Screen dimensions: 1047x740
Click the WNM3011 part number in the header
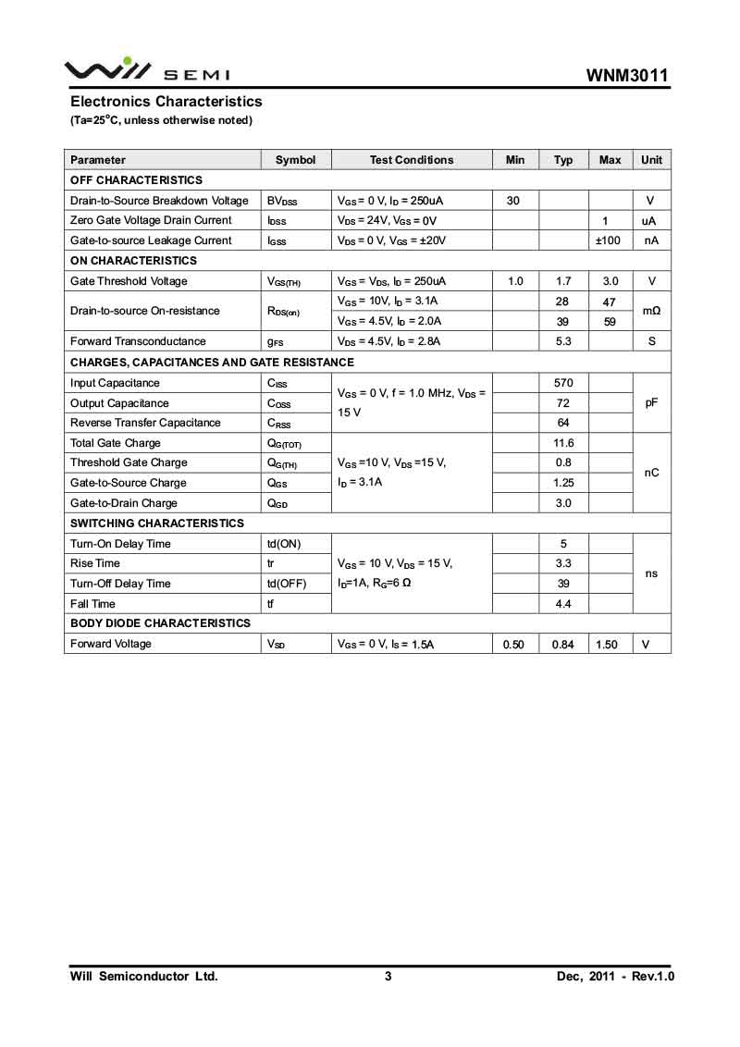click(627, 75)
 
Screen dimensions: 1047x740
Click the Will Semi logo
click(146, 70)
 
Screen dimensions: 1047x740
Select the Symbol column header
click(295, 160)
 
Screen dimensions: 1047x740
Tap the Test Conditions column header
click(412, 160)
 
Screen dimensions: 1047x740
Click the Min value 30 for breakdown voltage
click(513, 201)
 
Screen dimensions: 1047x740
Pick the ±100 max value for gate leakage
click(607, 240)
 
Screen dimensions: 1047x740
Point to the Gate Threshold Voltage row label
click(129, 281)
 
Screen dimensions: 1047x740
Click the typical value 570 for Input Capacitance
click(563, 383)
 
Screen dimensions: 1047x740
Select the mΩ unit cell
click(651, 311)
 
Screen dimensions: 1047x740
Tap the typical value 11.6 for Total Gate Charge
click(563, 443)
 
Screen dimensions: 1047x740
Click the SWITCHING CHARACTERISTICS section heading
click(157, 523)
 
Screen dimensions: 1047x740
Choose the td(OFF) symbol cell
click(286, 584)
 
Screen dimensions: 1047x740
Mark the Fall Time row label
click(92, 604)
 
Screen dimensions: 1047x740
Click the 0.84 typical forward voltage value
click(563, 645)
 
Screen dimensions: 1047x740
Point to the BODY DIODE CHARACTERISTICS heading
click(160, 623)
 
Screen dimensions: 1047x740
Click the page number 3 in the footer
click(388, 977)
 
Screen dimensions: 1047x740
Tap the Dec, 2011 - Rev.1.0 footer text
click(615, 977)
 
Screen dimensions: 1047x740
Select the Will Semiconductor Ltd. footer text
click(144, 977)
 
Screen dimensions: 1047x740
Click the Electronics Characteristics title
click(166, 102)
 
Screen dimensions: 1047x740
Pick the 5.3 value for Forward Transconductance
click(563, 341)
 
